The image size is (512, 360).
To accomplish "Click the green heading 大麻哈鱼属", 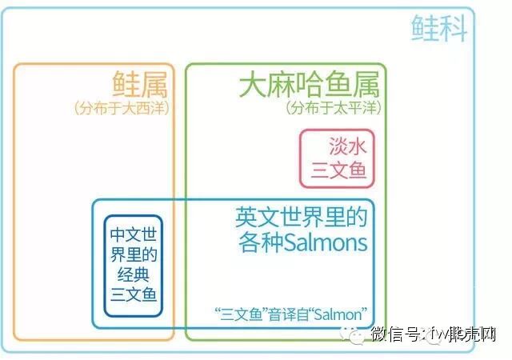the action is pyautogui.click(x=309, y=84).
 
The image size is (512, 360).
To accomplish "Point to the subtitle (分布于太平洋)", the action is pyautogui.click(x=334, y=107).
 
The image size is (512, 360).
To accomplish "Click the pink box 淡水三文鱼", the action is pyautogui.click(x=337, y=158).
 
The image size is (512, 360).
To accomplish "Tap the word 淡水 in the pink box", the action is pyautogui.click(x=347, y=145).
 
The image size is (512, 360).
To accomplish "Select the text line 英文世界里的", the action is pyautogui.click(x=301, y=217).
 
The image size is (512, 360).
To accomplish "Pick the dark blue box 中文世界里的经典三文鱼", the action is pyautogui.click(x=134, y=266).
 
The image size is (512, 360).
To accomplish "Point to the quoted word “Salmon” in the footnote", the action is pyautogui.click(x=337, y=314).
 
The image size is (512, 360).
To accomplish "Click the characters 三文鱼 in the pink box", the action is pyautogui.click(x=338, y=170).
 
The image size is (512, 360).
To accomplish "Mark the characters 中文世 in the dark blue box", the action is pyautogui.click(x=134, y=236).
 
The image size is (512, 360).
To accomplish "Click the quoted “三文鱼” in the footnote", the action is pyautogui.click(x=240, y=314).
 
